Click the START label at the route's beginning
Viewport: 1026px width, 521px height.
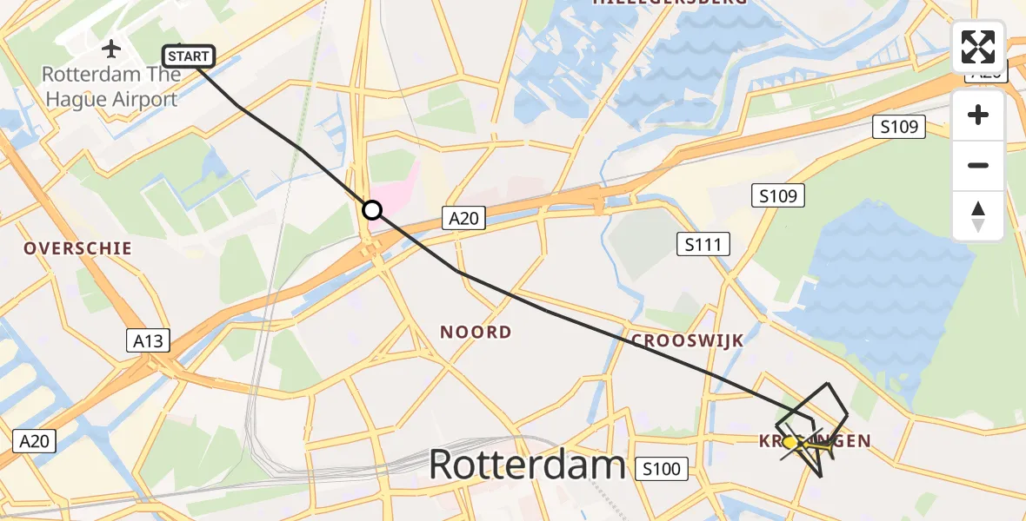pyautogui.click(x=189, y=57)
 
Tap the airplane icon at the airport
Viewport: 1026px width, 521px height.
pyautogui.click(x=112, y=48)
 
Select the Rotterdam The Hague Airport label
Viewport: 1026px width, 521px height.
pyautogui.click(x=111, y=87)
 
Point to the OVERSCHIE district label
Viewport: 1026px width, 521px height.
pyautogui.click(x=78, y=248)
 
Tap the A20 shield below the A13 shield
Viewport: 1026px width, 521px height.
pyautogui.click(x=35, y=441)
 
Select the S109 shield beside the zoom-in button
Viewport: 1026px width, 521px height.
pyautogui.click(x=899, y=127)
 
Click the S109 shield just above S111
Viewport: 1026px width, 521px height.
pyautogui.click(x=777, y=195)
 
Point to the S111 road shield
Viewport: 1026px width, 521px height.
pyautogui.click(x=703, y=245)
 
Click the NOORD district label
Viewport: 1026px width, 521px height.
pyautogui.click(x=476, y=332)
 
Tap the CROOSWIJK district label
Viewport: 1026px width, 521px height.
pyautogui.click(x=688, y=340)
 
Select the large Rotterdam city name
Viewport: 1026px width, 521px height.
pyautogui.click(x=527, y=465)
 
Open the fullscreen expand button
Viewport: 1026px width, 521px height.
pyautogui.click(x=978, y=47)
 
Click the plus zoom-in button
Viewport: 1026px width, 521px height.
pyautogui.click(x=978, y=115)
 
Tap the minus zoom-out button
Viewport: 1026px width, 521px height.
pyautogui.click(x=978, y=165)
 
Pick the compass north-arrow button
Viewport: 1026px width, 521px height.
pyautogui.click(x=978, y=216)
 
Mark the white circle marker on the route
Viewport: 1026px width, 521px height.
pyautogui.click(x=372, y=209)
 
